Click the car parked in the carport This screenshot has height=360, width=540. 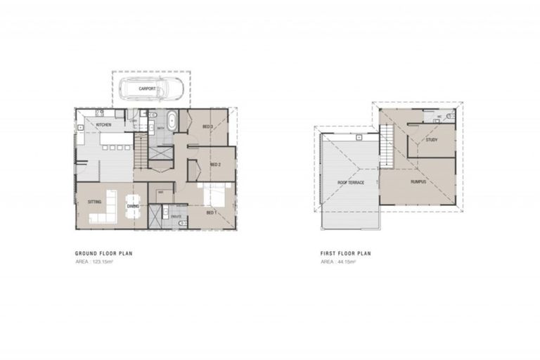(x=150, y=90)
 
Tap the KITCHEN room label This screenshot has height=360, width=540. (x=104, y=125)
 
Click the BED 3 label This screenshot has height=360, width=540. (x=207, y=127)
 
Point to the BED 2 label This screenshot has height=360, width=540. (x=216, y=165)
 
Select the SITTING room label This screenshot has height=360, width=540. (x=94, y=202)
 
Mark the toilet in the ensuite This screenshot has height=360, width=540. (x=183, y=223)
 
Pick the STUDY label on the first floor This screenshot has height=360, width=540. (x=432, y=140)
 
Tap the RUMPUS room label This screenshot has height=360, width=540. (x=419, y=182)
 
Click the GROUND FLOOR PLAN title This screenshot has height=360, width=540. (x=104, y=253)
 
